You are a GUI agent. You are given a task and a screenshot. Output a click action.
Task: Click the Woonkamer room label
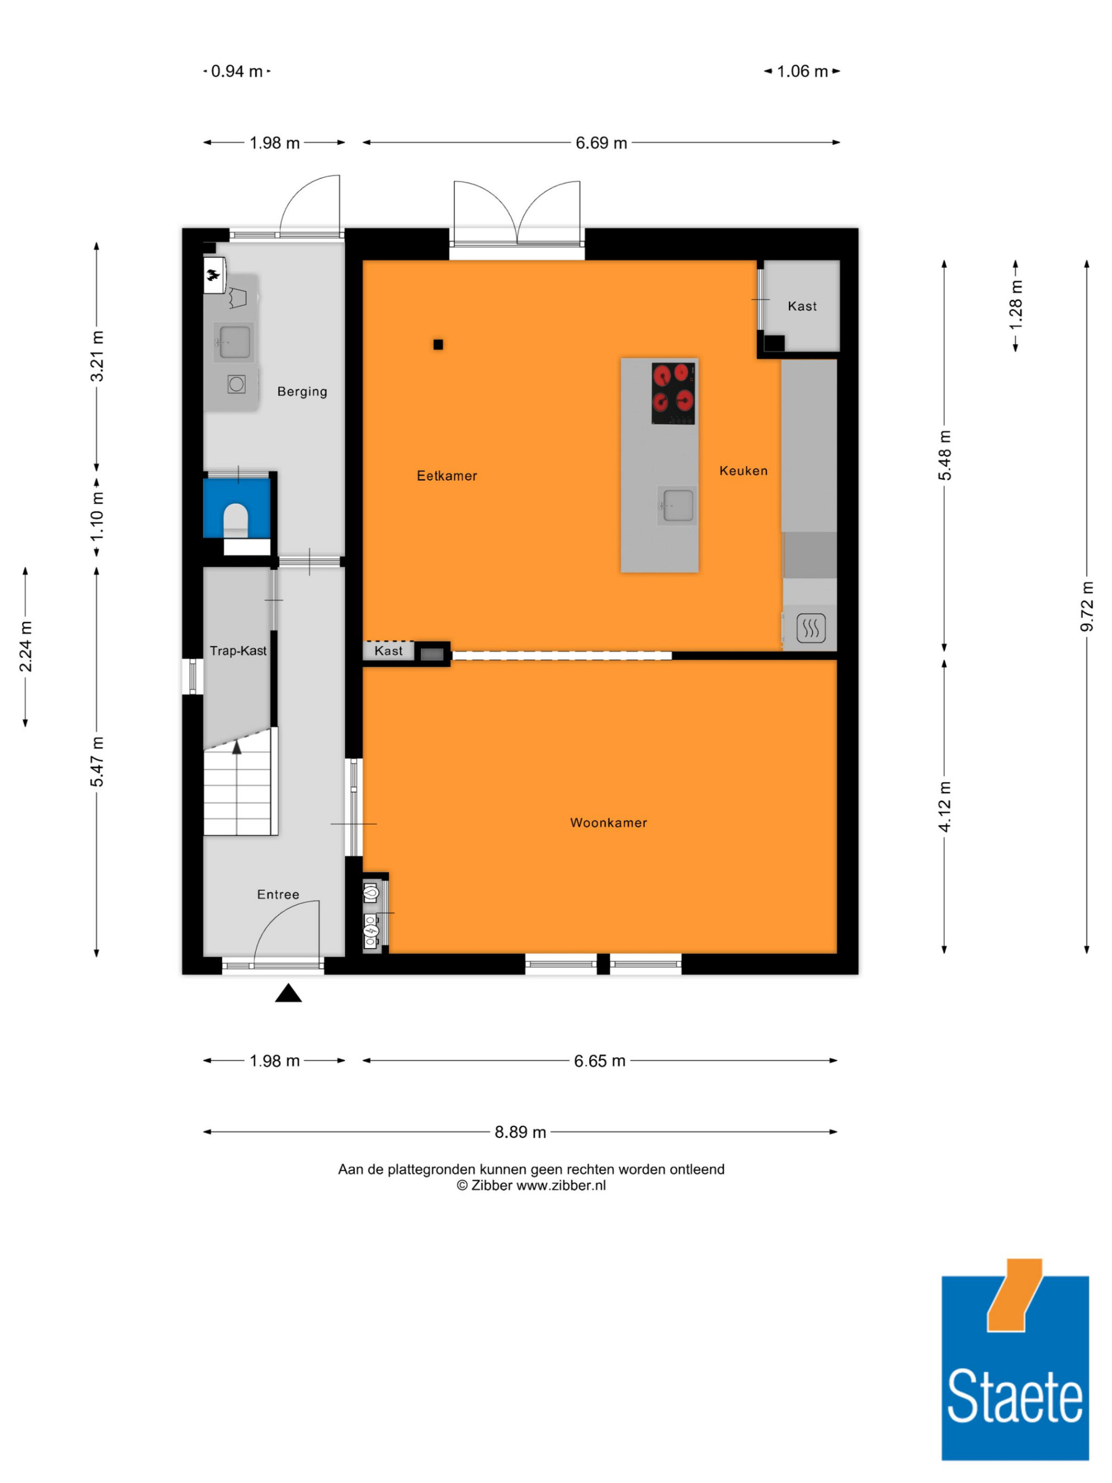coord(608,822)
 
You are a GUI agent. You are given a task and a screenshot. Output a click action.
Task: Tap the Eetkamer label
coord(447,476)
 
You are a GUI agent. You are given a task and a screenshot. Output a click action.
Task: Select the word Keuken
coord(743,470)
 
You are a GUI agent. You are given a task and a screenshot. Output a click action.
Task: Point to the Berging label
coord(302,391)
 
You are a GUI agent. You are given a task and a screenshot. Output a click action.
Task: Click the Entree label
coord(278,894)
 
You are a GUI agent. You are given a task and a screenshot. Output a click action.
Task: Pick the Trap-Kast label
coord(238,651)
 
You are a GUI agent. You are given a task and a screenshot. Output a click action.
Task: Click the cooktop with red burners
coord(673,394)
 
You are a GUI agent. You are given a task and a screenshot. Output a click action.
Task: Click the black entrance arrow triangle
coord(288,993)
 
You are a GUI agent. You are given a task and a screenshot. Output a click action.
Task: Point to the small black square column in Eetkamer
coord(438,345)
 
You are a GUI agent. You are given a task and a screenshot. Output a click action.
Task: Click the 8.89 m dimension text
coord(520,1132)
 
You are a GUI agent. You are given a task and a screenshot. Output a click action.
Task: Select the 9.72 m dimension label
coord(1086,606)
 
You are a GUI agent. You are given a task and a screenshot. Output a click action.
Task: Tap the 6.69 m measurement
coord(601,143)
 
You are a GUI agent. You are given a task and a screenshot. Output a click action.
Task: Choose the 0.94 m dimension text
coord(237,71)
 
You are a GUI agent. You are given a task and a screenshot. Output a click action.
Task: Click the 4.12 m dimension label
coord(945,806)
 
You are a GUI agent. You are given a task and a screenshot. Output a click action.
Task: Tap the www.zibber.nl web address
coord(561,1186)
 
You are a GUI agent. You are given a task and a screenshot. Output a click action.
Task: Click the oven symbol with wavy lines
coord(811,628)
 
